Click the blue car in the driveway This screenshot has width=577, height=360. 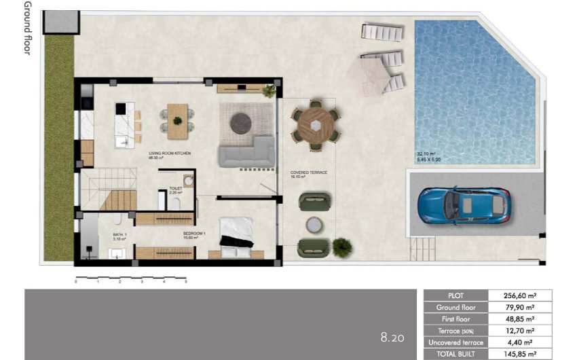(x=464, y=205)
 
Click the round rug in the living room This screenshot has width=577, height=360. (x=241, y=123)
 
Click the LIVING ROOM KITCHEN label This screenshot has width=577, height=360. (x=170, y=154)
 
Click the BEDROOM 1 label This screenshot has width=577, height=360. (x=193, y=234)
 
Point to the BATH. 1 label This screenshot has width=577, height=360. (x=101, y=234)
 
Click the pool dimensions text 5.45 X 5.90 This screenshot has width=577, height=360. (x=429, y=160)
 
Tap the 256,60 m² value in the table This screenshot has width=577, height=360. (x=520, y=295)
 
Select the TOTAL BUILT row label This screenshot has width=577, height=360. (x=456, y=354)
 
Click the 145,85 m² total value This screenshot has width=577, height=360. (x=520, y=354)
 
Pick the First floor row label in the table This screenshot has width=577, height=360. (x=456, y=319)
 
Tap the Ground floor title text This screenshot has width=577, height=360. (x=27, y=27)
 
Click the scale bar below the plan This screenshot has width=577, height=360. (x=130, y=278)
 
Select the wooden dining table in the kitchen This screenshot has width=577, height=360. (x=177, y=115)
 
